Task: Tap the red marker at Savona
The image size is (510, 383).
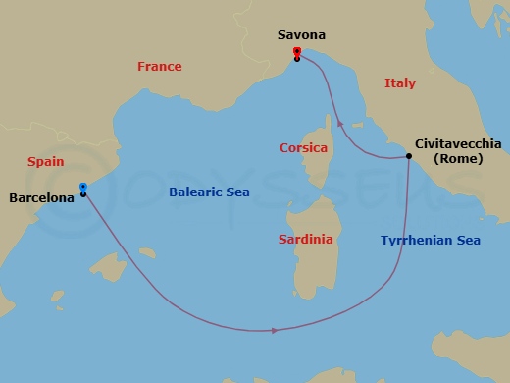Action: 296,52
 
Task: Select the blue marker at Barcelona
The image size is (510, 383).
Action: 82,187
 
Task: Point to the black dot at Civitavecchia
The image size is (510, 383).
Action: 409,156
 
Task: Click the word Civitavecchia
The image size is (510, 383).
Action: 458,143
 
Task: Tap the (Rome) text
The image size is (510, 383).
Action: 456,159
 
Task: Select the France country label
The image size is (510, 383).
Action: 159,67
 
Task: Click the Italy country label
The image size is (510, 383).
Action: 401,84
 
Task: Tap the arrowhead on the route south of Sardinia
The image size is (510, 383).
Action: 273,330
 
